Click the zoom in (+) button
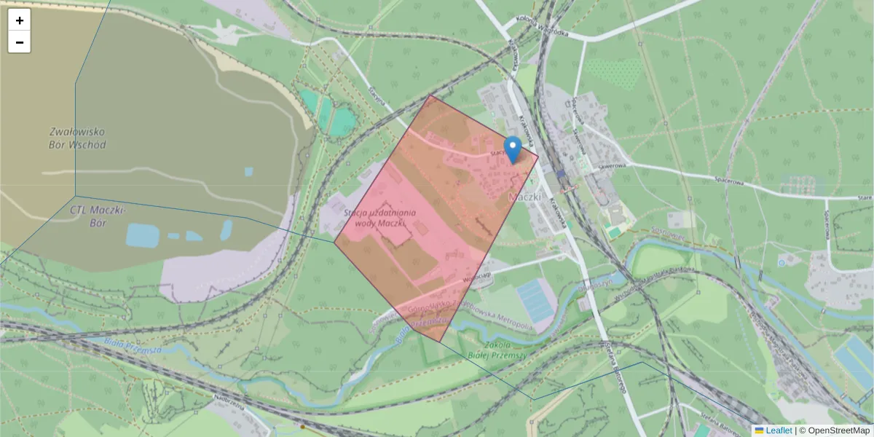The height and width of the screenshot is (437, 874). (x=20, y=20)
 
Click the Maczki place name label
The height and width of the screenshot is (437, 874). (x=524, y=197)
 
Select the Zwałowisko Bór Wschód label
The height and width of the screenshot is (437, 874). (x=78, y=138)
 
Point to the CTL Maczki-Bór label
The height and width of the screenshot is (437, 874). (x=98, y=216)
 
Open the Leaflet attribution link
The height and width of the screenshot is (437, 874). (x=778, y=430)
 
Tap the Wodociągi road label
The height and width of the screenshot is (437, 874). (x=474, y=276)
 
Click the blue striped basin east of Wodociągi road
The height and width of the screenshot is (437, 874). (x=536, y=301)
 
